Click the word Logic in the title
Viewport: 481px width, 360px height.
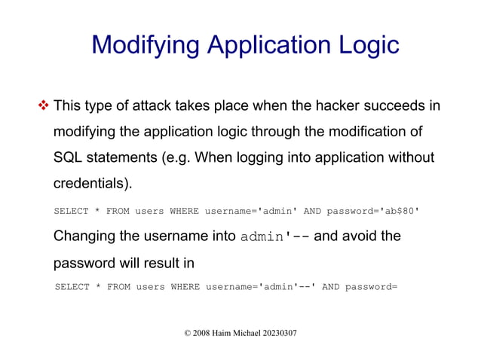point(365,45)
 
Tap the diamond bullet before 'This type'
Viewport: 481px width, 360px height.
point(43,105)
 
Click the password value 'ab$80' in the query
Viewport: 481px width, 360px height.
point(396,211)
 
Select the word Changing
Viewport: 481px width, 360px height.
point(84,236)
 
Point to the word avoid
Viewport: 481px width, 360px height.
point(362,236)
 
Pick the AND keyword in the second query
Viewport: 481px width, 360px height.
point(330,287)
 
